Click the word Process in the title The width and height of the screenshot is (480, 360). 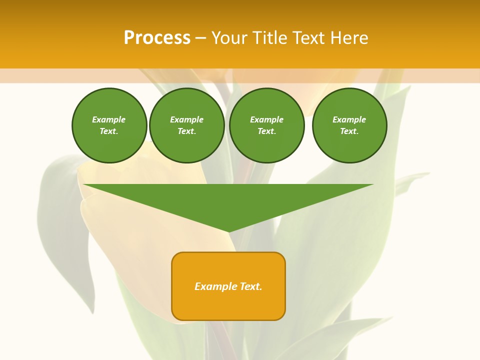[157, 38]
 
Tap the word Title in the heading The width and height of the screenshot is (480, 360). [269, 38]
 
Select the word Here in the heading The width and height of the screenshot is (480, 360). [349, 38]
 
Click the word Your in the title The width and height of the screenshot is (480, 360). [229, 38]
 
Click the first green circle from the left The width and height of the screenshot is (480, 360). [109, 125]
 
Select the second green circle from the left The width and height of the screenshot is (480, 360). [187, 125]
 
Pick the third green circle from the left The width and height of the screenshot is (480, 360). [267, 125]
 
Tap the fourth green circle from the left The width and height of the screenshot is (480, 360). [349, 125]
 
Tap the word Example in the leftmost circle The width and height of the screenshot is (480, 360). [109, 119]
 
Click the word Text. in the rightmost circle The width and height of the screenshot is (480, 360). [349, 131]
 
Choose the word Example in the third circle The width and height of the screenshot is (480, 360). [267, 119]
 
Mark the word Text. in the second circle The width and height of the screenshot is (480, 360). [187, 131]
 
